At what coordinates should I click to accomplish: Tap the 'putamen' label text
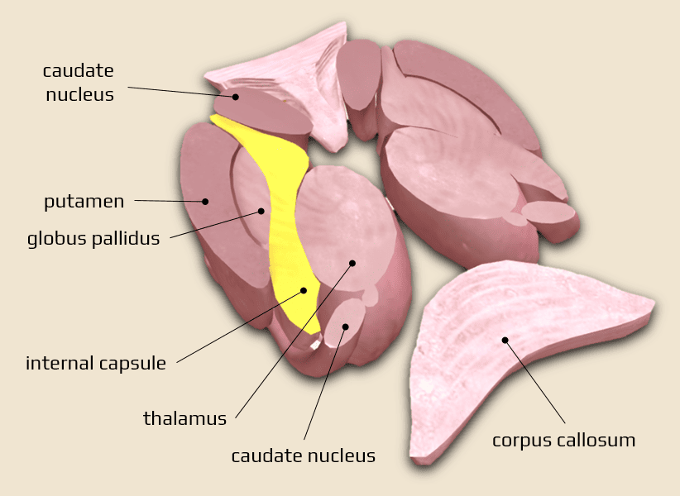pyautogui.click(x=84, y=201)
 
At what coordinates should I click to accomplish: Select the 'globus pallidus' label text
pyautogui.click(x=93, y=240)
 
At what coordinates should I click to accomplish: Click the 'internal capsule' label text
pyautogui.click(x=96, y=363)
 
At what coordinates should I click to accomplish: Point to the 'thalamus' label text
pyautogui.click(x=184, y=418)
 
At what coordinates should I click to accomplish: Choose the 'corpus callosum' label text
pyautogui.click(x=563, y=440)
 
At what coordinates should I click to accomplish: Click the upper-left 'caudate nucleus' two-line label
pyautogui.click(x=79, y=82)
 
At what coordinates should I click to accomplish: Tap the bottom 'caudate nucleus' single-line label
pyautogui.click(x=303, y=455)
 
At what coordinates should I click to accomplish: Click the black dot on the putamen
pyautogui.click(x=205, y=201)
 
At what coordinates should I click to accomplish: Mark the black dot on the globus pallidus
pyautogui.click(x=261, y=211)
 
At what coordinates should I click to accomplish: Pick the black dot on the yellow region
pyautogui.click(x=304, y=290)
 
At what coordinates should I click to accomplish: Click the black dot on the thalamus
pyautogui.click(x=352, y=263)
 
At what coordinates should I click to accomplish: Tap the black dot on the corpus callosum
pyautogui.click(x=503, y=339)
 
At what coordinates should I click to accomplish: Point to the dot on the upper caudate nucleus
pyautogui.click(x=235, y=97)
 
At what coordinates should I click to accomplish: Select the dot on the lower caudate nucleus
pyautogui.click(x=346, y=327)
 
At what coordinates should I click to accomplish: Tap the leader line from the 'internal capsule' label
pyautogui.click(x=240, y=327)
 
